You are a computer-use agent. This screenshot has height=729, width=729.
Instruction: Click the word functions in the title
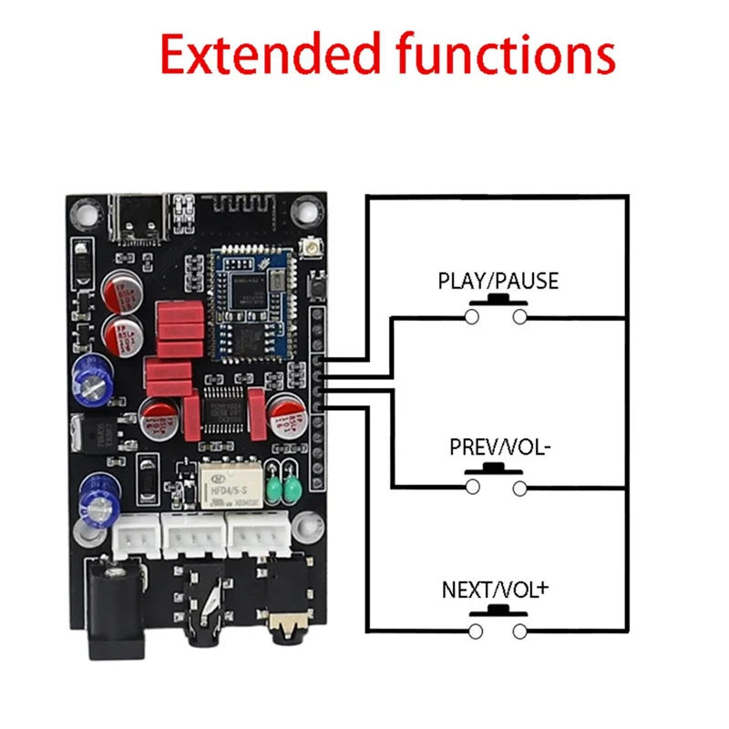506,55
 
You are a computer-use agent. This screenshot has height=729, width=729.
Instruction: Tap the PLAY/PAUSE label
498,281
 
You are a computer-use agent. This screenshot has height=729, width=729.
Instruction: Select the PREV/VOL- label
498,448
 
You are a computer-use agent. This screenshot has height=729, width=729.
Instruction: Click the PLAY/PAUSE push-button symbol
497,310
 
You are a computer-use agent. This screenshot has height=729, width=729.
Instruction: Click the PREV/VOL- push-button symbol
497,481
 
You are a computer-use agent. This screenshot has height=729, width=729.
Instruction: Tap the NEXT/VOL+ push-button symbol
497,624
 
